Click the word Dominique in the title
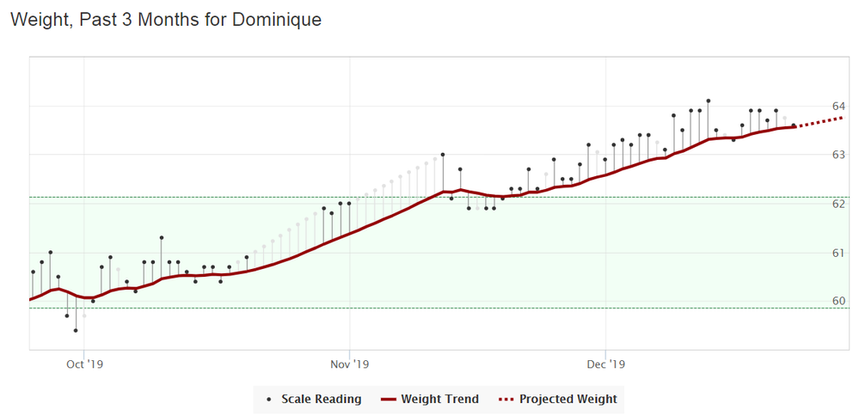(x=277, y=19)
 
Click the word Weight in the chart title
(x=38, y=19)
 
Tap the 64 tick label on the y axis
(x=838, y=106)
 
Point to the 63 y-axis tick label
(x=838, y=155)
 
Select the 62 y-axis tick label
(x=838, y=204)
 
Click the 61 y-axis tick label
(x=838, y=253)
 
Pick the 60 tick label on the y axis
(x=838, y=301)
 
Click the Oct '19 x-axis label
(x=84, y=364)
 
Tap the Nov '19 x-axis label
(x=350, y=364)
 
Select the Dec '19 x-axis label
(x=605, y=364)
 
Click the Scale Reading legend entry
(x=315, y=399)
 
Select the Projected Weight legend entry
(x=560, y=399)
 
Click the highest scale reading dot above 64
(x=708, y=101)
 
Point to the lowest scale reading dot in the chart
(x=76, y=330)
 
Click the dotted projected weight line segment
(x=821, y=121)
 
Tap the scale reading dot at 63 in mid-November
(x=443, y=155)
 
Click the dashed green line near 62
(x=258, y=198)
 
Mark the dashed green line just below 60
(x=258, y=308)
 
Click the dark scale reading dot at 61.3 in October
(x=161, y=237)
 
